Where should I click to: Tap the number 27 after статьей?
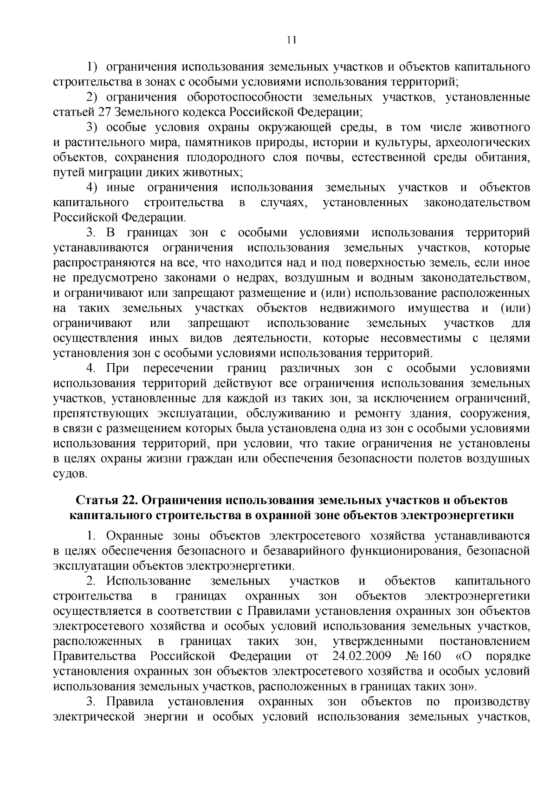click(103, 112)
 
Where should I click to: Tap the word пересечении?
click(178, 369)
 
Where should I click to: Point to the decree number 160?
click(432, 656)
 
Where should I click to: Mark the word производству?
click(492, 701)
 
